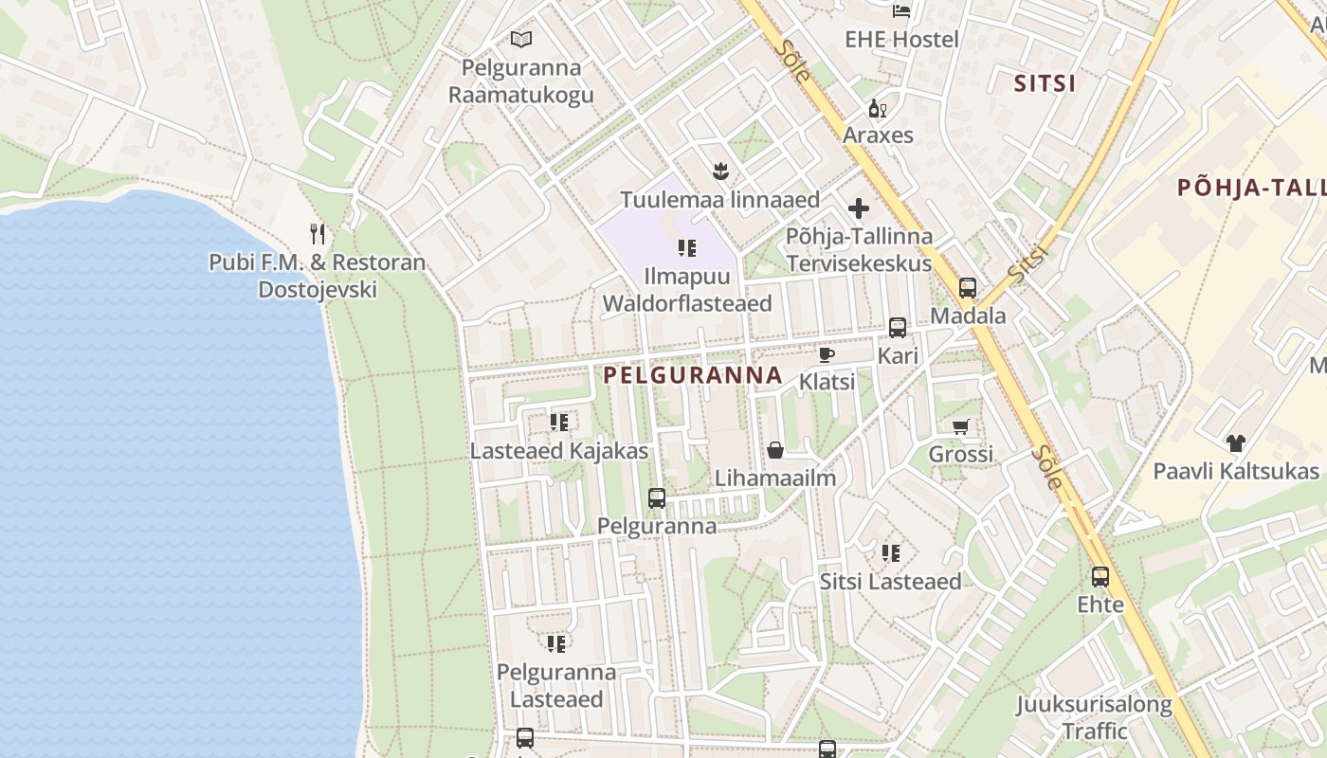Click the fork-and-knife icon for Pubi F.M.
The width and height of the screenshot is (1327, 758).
point(318,233)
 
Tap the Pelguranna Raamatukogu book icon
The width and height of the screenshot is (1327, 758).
point(521,39)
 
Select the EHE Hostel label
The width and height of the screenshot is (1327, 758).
point(901,39)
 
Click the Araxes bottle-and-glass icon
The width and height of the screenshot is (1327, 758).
point(878,109)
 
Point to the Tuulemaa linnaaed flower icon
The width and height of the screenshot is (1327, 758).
point(720,171)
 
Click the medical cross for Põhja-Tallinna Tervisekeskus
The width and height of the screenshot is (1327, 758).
point(859,208)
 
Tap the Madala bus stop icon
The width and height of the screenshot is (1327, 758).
point(968,288)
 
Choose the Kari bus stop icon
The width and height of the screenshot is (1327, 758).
point(898,328)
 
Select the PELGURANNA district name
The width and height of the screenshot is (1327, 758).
point(693,375)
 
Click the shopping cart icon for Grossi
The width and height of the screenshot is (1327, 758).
point(961,426)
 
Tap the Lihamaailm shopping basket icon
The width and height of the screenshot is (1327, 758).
point(775,450)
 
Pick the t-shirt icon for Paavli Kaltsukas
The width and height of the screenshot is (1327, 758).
point(1235,442)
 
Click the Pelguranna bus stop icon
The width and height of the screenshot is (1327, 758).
point(657,497)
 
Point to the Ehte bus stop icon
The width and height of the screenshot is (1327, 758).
point(1100,576)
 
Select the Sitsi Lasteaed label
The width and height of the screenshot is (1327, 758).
point(890,581)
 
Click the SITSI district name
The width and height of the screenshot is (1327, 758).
point(1045,83)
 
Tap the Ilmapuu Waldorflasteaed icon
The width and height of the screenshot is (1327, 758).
point(687,248)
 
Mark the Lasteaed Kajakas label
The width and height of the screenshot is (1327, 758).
point(559,451)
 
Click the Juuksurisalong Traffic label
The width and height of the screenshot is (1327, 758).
point(1095,717)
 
